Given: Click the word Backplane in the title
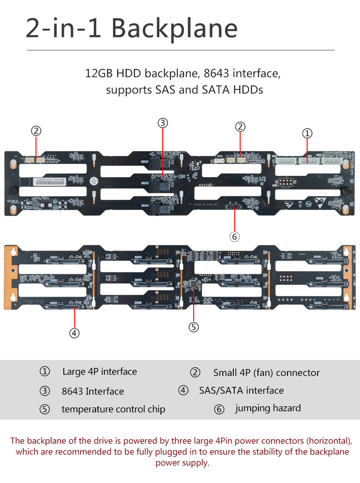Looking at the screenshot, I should tap(175, 28).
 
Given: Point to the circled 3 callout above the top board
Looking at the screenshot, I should tap(163, 123).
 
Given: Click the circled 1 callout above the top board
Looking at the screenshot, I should tap(308, 133).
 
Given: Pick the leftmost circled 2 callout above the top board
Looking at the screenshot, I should tap(36, 131).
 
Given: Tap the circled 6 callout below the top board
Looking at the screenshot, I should tap(234, 236).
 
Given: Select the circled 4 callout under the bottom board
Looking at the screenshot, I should tap(75, 333).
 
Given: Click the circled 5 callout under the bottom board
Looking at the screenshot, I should tap(194, 327).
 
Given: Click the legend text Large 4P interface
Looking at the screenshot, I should tap(100, 372).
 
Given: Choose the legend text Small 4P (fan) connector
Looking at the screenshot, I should tap(267, 373).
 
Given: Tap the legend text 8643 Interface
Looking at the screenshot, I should tap(93, 391).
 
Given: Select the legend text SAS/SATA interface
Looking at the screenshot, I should tap(242, 391).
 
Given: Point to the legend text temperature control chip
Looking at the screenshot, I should tap(113, 409).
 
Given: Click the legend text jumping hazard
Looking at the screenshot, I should tap(268, 408).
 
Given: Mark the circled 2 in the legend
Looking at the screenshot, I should tap(195, 373).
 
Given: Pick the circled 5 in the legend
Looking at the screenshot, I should tap(45, 409).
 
